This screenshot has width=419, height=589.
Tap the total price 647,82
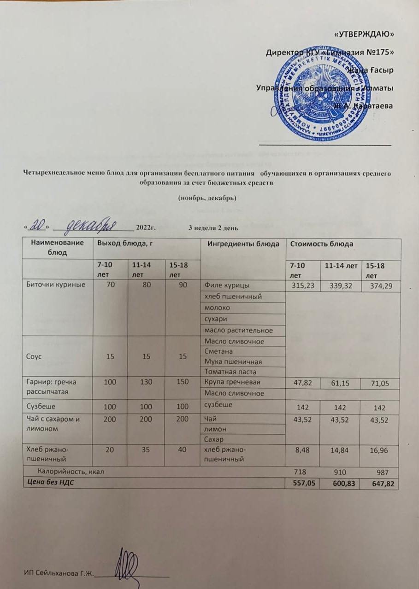380,483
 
